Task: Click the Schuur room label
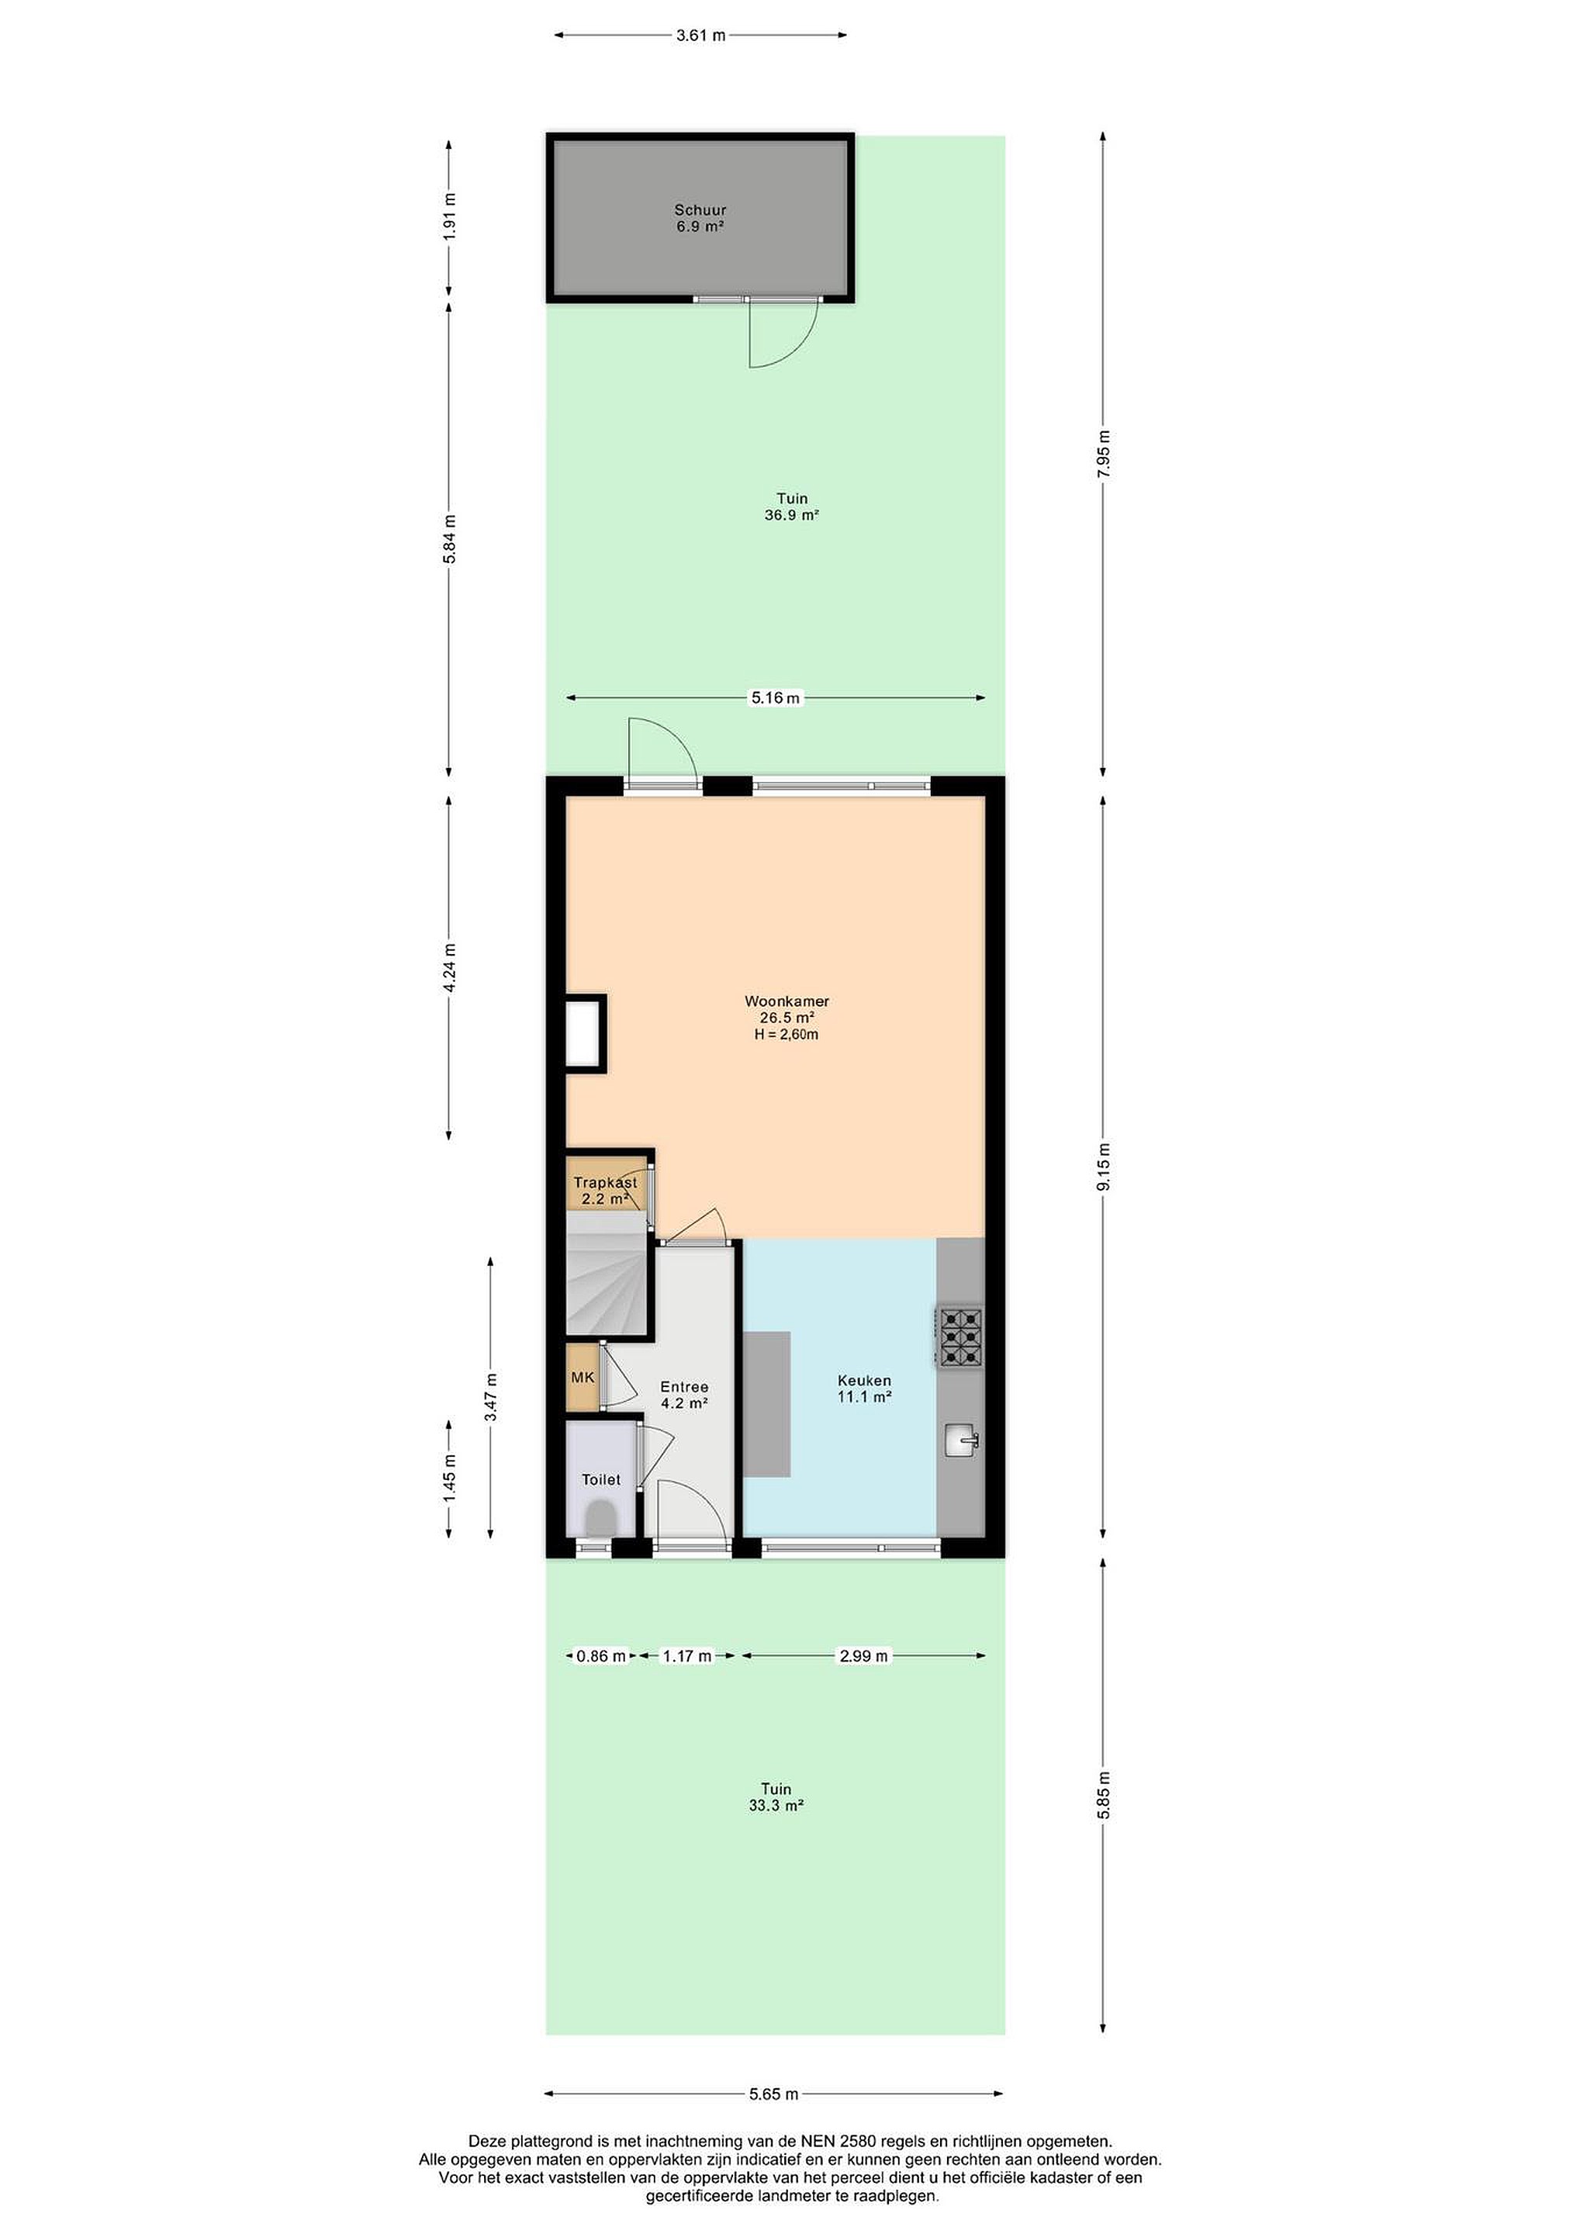[x=700, y=209]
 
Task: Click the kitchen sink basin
[x=961, y=1439]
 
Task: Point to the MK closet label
[x=583, y=1377]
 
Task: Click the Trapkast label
[x=605, y=1182]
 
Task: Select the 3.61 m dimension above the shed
[x=700, y=36]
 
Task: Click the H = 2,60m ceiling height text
[x=786, y=1034]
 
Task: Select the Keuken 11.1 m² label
[x=864, y=1388]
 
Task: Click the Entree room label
[x=684, y=1386]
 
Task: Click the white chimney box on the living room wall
[x=586, y=1033]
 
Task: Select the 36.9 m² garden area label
[x=791, y=516]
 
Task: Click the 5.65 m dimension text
[x=773, y=2094]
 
